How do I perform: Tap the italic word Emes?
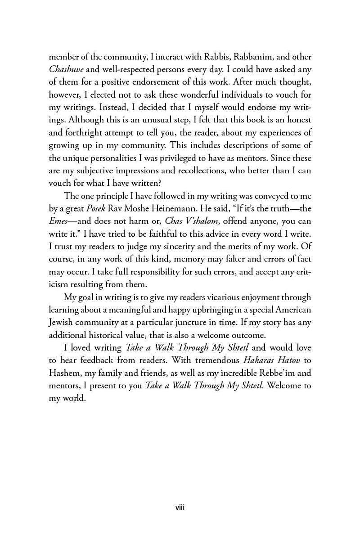point(59,221)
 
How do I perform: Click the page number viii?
point(180,508)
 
